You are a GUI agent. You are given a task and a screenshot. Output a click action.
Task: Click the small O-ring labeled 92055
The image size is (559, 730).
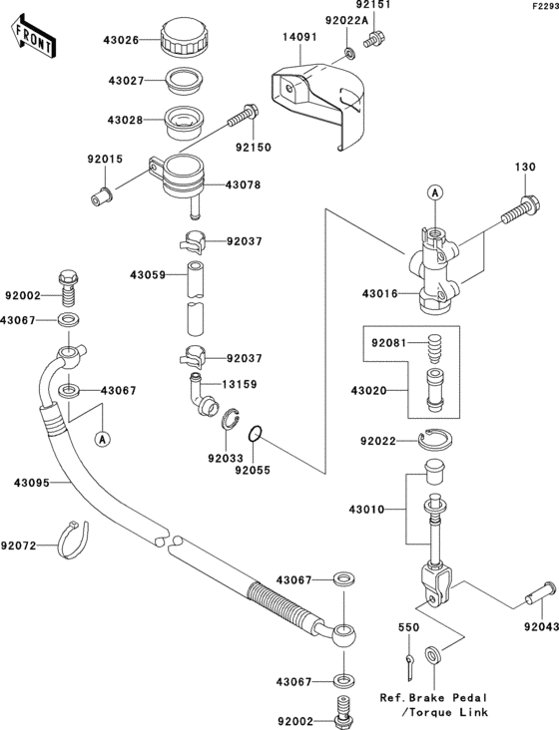[x=256, y=435]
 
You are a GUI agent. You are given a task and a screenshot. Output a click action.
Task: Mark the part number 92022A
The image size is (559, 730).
[x=346, y=20]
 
